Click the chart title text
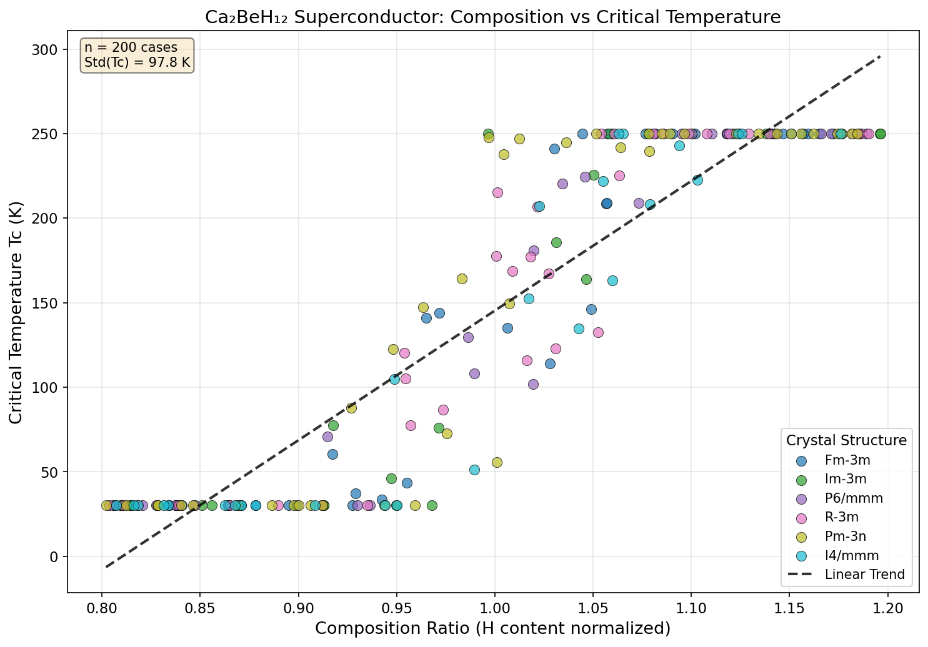(x=492, y=17)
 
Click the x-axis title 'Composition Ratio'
(x=492, y=628)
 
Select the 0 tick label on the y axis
(x=54, y=556)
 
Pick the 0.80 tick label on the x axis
(x=102, y=606)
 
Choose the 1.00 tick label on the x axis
(x=494, y=606)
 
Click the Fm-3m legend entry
(x=847, y=461)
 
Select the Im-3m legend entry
(x=846, y=480)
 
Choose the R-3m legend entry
(x=842, y=517)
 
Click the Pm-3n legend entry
(x=846, y=536)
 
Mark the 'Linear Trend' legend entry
(x=864, y=575)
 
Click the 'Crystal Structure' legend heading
(x=846, y=440)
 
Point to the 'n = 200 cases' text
(x=131, y=47)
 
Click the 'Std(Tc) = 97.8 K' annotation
(x=137, y=62)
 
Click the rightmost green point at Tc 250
(x=881, y=134)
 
